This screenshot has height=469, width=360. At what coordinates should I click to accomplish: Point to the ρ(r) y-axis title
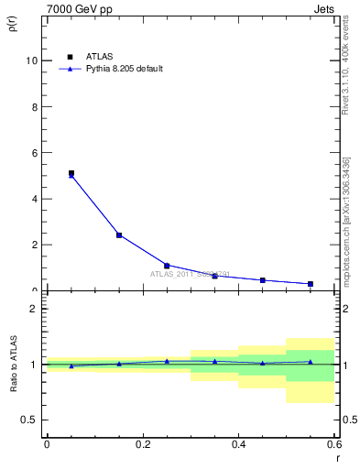coord(13,23)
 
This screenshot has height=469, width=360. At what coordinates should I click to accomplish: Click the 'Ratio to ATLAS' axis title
coord(13,365)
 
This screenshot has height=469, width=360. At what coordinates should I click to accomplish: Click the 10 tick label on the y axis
coord(32,60)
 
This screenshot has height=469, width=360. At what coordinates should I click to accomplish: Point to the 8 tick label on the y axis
coord(35,106)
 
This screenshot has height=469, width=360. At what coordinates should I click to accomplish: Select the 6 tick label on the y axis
coord(35,152)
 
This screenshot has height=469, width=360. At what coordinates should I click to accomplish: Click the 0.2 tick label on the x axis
coord(142,444)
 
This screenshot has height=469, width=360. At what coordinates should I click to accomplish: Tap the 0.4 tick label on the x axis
coord(238,444)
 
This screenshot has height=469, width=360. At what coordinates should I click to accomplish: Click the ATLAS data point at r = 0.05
coord(71,173)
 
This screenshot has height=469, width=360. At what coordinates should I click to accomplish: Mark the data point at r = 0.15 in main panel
coord(119,235)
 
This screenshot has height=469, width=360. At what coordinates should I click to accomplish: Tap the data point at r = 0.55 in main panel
coord(311,284)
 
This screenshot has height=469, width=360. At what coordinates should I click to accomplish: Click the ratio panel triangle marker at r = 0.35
coord(214,361)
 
